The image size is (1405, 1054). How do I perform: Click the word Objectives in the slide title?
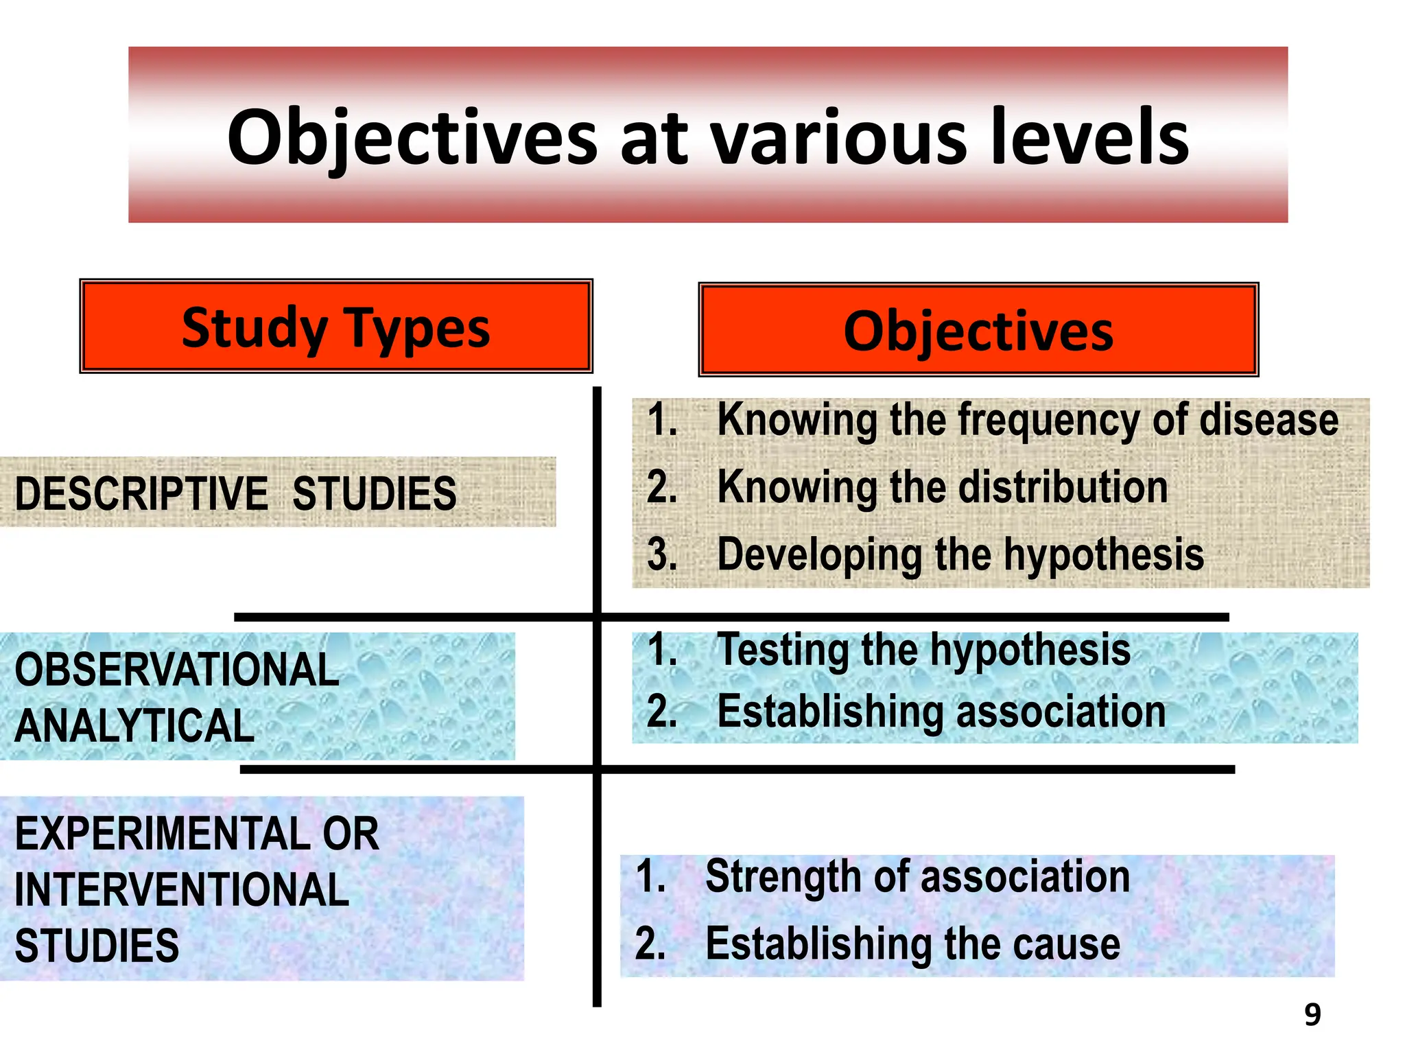point(412,139)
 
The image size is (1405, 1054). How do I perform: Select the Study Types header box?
point(335,327)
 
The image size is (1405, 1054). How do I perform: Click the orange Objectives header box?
point(978,330)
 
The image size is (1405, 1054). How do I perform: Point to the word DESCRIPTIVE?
point(141,494)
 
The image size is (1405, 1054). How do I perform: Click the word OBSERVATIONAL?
point(177,670)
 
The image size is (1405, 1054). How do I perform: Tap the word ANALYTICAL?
point(134,726)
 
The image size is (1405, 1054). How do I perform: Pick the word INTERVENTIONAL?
point(182,890)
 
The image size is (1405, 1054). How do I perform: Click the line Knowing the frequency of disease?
point(1027,420)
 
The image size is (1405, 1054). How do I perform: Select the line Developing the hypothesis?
point(960,554)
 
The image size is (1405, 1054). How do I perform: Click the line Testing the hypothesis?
point(923,649)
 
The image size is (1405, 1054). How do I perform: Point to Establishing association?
point(941,712)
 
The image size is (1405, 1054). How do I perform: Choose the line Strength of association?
point(917,877)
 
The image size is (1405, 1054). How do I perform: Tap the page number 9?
point(1312,1015)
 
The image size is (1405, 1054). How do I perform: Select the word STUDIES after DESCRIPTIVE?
point(374,494)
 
